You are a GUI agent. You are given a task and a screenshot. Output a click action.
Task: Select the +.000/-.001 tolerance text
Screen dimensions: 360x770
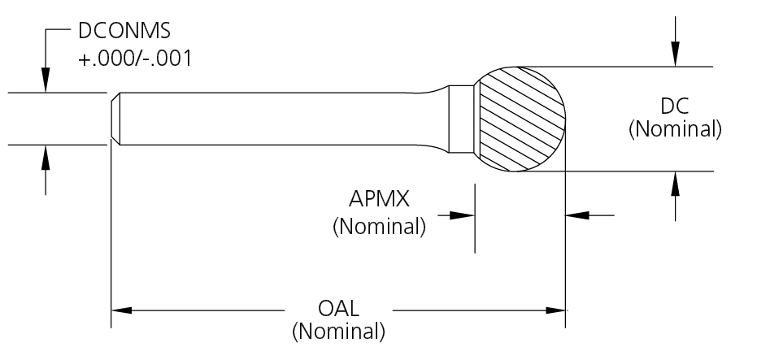click(x=136, y=59)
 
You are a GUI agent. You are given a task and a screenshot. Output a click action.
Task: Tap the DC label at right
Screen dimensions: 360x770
click(x=675, y=107)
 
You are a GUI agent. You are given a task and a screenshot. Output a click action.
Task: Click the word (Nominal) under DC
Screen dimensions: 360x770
click(x=675, y=129)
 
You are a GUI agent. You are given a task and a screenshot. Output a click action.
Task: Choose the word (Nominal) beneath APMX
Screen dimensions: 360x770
click(x=379, y=226)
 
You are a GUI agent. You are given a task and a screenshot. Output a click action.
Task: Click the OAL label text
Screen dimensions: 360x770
click(x=339, y=310)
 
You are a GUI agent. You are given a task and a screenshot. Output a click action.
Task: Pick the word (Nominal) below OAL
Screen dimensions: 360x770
click(x=338, y=332)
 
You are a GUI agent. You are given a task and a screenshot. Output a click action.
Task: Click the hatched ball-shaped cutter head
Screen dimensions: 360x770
click(x=520, y=119)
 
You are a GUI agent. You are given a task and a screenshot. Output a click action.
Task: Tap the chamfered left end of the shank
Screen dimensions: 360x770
click(x=115, y=119)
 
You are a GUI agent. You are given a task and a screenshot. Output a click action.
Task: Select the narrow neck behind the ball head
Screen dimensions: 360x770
click(x=462, y=119)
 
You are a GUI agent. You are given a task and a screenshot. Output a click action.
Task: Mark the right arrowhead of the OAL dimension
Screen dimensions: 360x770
click(x=556, y=310)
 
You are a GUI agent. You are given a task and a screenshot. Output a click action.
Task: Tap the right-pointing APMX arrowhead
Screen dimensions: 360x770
click(x=464, y=215)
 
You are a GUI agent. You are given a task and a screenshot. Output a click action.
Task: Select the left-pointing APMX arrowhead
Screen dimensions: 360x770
click(x=576, y=215)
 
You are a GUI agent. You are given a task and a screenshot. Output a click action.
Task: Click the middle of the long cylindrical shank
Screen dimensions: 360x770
click(x=276, y=119)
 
